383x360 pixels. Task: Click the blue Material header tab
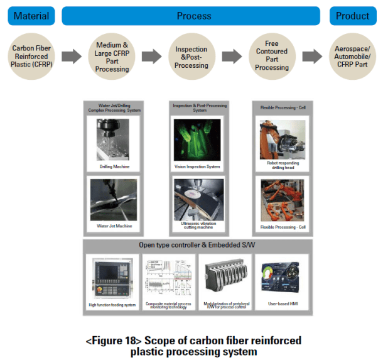tap(31, 16)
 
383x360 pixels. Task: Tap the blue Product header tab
tap(352, 16)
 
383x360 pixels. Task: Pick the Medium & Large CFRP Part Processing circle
tap(112, 57)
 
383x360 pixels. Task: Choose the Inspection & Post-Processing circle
tap(191, 57)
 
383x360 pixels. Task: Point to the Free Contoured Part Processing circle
tap(272, 57)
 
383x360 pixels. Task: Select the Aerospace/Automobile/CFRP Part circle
tap(352, 57)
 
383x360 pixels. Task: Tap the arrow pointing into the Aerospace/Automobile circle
tap(312, 57)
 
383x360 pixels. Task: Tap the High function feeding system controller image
tap(112, 277)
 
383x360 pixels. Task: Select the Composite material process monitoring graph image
tap(166, 277)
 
